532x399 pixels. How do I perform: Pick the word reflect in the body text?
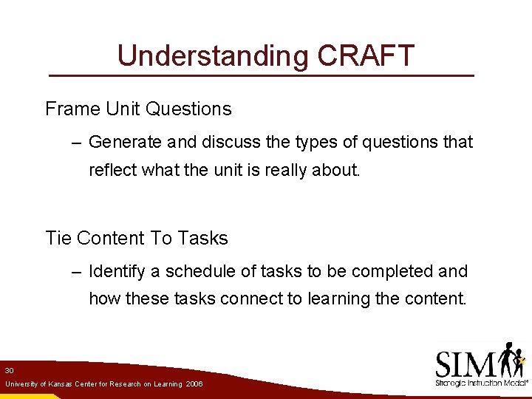112,170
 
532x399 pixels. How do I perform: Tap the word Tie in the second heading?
58,239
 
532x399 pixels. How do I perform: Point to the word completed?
392,272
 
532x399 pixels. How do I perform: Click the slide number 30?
9,369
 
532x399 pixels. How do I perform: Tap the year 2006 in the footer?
194,385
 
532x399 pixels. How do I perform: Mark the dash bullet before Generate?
78,143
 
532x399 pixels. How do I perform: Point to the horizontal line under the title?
261,76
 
